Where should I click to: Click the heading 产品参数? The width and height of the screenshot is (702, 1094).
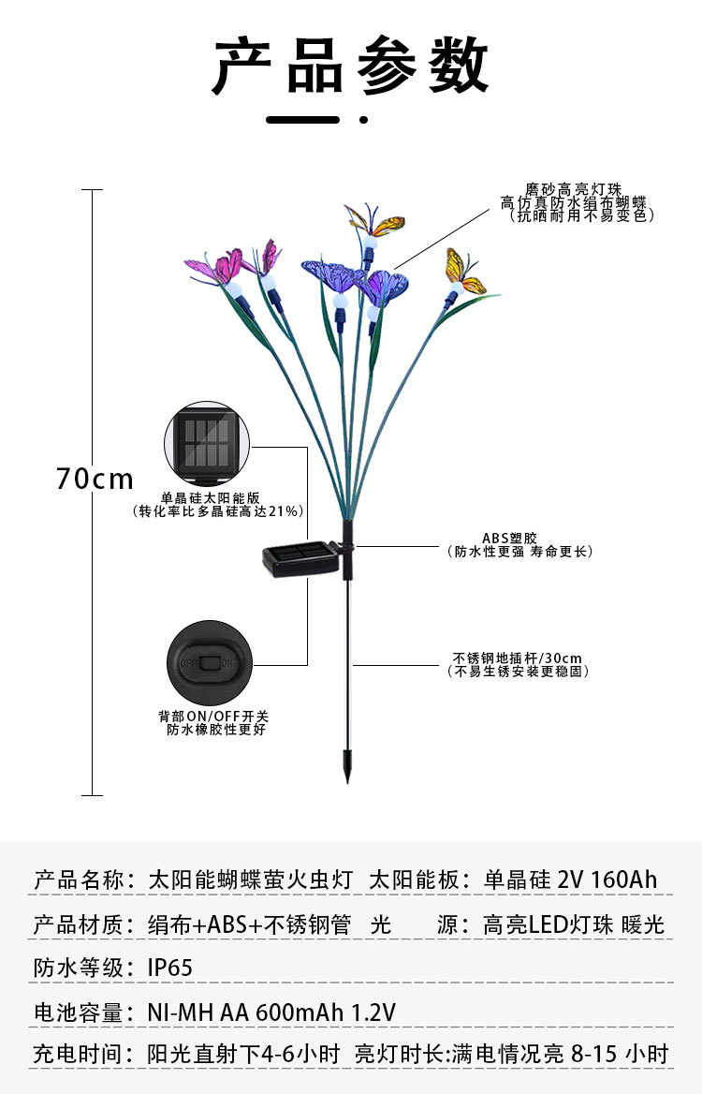351,66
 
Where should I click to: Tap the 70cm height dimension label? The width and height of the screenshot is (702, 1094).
95,479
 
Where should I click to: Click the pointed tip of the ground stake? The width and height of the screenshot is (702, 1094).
348,776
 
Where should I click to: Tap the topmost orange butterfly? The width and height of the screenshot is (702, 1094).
376,223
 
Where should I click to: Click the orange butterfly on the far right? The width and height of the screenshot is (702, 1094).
465,272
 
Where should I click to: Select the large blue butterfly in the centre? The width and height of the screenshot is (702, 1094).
333,274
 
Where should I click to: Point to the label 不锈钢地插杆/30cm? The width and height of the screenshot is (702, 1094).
518,658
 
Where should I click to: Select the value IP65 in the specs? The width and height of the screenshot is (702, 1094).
170,968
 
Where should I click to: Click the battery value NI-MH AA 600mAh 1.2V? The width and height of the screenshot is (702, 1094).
271,1012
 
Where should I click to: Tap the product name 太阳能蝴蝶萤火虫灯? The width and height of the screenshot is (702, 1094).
251,880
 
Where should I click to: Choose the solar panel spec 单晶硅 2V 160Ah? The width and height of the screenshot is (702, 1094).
570,880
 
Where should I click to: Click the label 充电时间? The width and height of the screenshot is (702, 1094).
79,1054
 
